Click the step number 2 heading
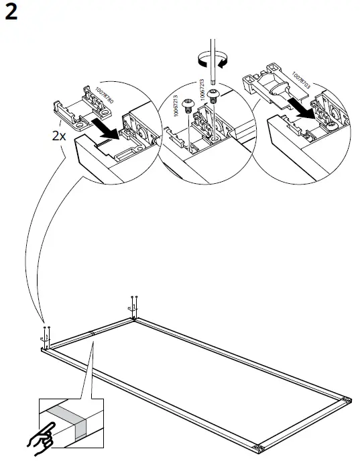(11, 14)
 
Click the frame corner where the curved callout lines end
(47, 346)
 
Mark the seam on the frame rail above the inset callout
(92, 334)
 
